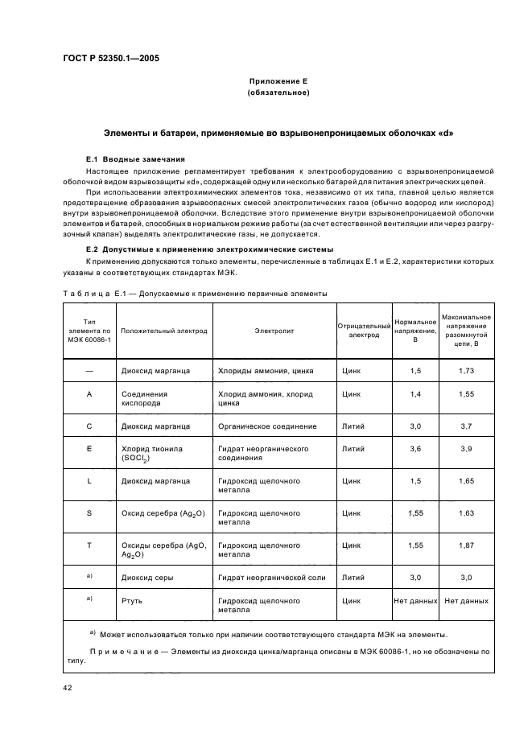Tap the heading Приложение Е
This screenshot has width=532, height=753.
(278, 81)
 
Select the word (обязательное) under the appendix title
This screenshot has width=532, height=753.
(278, 93)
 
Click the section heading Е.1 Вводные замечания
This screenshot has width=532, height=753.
(135, 158)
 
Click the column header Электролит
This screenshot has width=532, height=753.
(275, 330)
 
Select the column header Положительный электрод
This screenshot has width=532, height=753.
(163, 330)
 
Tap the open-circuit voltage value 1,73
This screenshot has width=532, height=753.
(466, 371)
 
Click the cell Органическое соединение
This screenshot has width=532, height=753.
(267, 426)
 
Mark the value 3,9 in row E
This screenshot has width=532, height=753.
(466, 449)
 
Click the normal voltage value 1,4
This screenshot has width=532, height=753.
(415, 394)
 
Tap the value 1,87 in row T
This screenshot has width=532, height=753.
(466, 545)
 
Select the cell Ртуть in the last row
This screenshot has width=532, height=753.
(132, 600)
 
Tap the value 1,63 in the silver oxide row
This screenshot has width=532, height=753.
(466, 512)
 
